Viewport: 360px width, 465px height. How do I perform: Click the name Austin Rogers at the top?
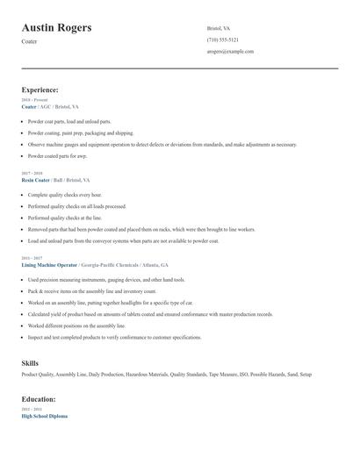click(x=56, y=28)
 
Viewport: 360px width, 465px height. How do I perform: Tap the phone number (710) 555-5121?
click(x=222, y=40)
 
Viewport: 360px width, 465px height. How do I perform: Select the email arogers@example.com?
click(x=230, y=52)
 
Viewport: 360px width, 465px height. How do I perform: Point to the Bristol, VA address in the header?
click(x=219, y=29)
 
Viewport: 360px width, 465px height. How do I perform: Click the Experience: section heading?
click(x=40, y=89)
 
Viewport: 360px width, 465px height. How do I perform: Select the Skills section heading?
click(x=31, y=362)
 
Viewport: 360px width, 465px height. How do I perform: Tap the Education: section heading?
click(x=40, y=399)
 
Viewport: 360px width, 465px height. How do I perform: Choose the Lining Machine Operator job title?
click(x=50, y=264)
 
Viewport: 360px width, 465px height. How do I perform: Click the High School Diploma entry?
click(x=44, y=416)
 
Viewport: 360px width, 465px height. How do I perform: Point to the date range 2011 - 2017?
click(x=31, y=258)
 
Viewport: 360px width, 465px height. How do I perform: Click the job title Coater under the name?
click(x=29, y=41)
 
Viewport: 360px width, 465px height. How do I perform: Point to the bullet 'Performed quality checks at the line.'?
click(x=65, y=218)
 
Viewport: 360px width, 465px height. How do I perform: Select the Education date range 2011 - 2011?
click(x=31, y=410)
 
